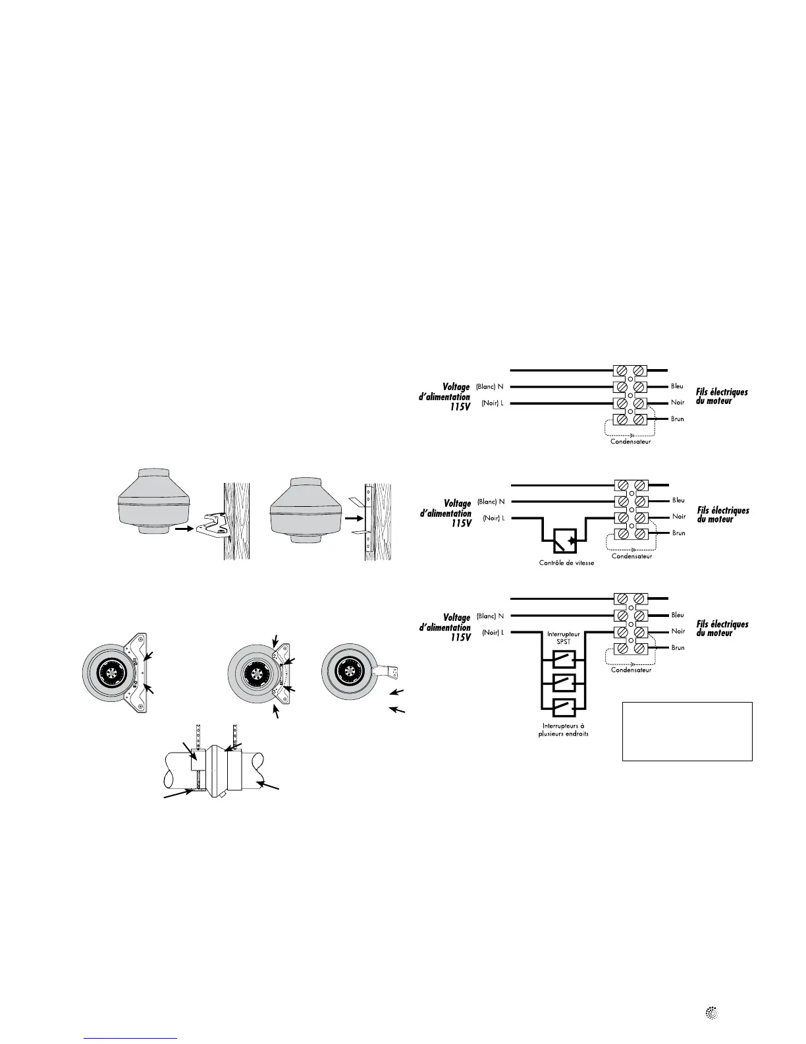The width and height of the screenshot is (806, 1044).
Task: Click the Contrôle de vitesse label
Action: click(565, 563)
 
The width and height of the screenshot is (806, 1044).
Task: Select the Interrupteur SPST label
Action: click(564, 637)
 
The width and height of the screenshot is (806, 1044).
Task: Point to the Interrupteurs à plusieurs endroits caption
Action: click(564, 729)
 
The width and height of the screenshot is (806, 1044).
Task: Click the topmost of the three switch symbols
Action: click(564, 658)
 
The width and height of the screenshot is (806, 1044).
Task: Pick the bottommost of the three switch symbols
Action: click(564, 709)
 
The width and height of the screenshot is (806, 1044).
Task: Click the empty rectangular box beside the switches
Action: click(687, 731)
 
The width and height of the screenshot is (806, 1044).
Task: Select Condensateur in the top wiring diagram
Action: click(630, 442)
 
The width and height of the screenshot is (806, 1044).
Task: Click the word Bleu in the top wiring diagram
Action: click(678, 386)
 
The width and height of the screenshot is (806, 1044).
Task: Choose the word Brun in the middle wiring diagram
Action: click(679, 533)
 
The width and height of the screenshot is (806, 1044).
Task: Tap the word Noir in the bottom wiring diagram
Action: click(678, 631)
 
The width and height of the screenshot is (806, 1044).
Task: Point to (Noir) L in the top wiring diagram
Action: click(493, 403)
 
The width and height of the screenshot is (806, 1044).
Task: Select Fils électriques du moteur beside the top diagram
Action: click(722, 396)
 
